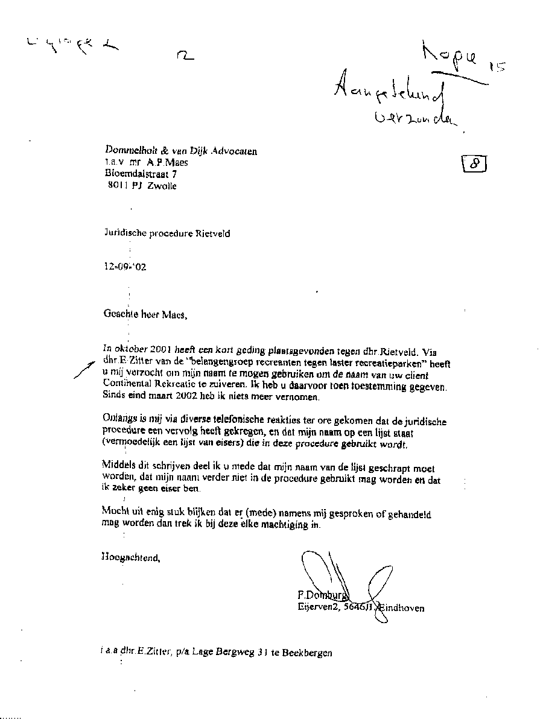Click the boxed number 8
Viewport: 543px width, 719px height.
click(474, 163)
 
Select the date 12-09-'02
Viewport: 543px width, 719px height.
click(125, 267)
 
